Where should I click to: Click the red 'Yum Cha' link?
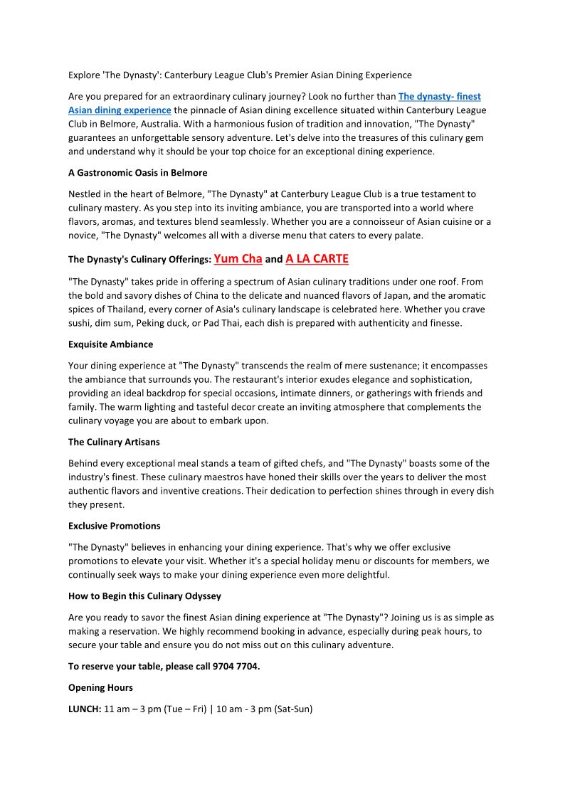pos(238,259)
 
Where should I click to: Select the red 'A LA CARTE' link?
pos(317,259)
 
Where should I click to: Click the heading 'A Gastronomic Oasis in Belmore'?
pos(137,172)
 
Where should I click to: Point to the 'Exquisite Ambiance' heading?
pos(110,344)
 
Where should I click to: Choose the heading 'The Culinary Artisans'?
pos(114,442)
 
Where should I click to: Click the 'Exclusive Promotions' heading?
pos(114,526)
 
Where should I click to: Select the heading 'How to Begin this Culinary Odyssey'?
pos(144,596)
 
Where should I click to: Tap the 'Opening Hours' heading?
pos(100,688)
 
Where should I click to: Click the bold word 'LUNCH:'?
pos(85,709)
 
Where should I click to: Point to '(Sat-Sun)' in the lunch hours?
pos(292,709)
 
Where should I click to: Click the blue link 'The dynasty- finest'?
pos(439,96)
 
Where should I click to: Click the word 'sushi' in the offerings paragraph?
pos(80,322)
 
